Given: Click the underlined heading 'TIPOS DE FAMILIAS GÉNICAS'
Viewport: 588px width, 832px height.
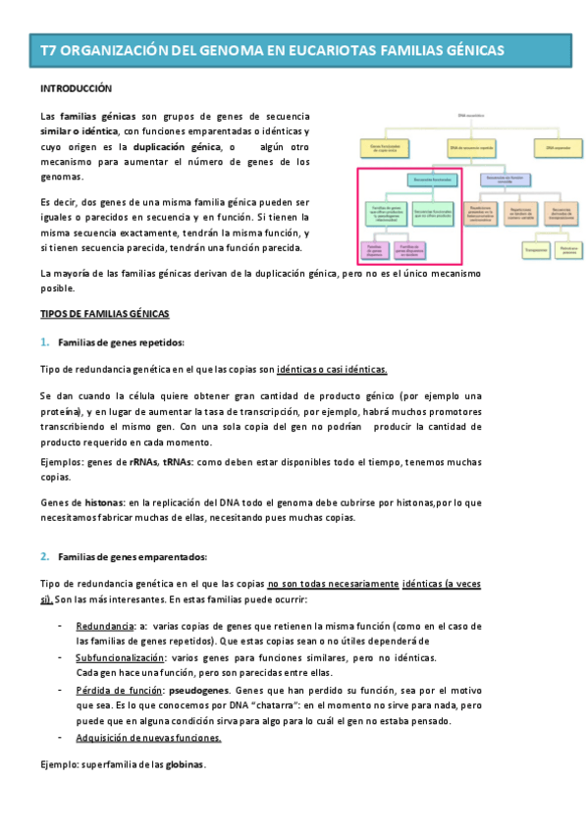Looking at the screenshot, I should click(104, 314).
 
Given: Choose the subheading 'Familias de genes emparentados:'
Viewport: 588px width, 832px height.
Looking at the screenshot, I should click(133, 556).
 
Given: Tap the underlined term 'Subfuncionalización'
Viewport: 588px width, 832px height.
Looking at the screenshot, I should click(121, 656).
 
